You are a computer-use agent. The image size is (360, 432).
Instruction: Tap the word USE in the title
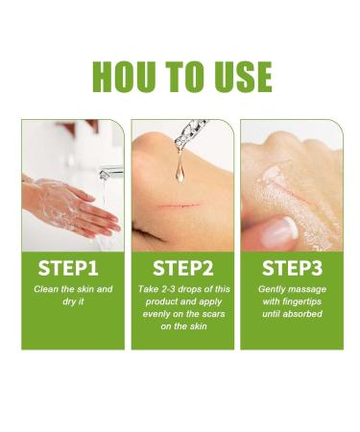[x=235, y=76]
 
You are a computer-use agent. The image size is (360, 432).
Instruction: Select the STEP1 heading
[x=73, y=265]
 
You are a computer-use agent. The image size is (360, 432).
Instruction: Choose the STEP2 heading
[x=182, y=265]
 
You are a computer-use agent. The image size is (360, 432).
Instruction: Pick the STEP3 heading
[x=291, y=265]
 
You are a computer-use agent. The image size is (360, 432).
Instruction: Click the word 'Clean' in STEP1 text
[x=49, y=288]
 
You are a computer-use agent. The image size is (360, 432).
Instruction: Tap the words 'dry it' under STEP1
[x=73, y=300]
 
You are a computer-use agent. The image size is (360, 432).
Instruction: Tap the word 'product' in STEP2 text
[x=159, y=300]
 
